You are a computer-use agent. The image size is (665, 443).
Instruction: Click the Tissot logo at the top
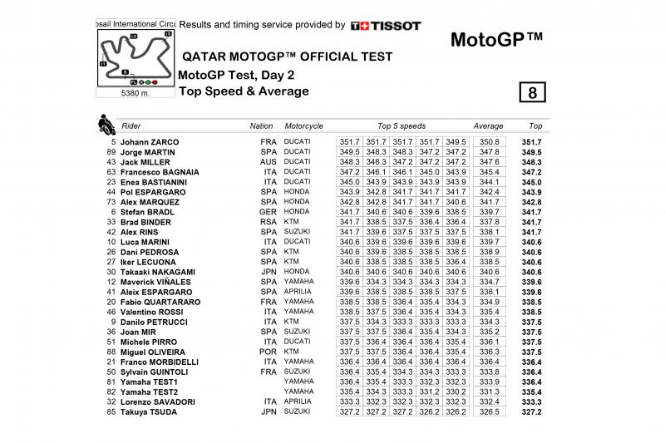pyautogui.click(x=386, y=26)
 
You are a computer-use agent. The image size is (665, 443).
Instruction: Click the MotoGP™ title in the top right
pyautogui.click(x=496, y=40)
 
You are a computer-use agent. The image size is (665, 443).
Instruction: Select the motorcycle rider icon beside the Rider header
pyautogui.click(x=106, y=126)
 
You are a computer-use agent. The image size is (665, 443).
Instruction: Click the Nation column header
pyautogui.click(x=261, y=126)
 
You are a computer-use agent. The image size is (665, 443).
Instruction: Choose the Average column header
pyautogui.click(x=488, y=126)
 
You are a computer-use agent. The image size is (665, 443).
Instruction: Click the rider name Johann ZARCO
pyautogui.click(x=150, y=142)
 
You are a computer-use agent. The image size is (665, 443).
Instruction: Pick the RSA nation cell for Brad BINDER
pyautogui.click(x=266, y=222)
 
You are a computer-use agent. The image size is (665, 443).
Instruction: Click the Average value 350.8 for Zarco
pyautogui.click(x=490, y=142)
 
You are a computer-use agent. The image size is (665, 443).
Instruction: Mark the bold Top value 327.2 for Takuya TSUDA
pyautogui.click(x=531, y=411)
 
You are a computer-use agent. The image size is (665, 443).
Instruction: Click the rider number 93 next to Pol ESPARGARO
pyautogui.click(x=111, y=192)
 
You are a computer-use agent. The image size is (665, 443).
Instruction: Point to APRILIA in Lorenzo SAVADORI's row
pyautogui.click(x=298, y=401)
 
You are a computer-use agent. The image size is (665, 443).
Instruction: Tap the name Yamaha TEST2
pyautogui.click(x=149, y=391)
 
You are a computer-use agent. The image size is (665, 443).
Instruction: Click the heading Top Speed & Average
pyautogui.click(x=244, y=91)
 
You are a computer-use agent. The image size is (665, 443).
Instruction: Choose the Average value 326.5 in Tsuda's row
pyautogui.click(x=490, y=411)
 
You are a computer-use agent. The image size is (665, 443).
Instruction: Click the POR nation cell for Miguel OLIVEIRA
pyautogui.click(x=266, y=352)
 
